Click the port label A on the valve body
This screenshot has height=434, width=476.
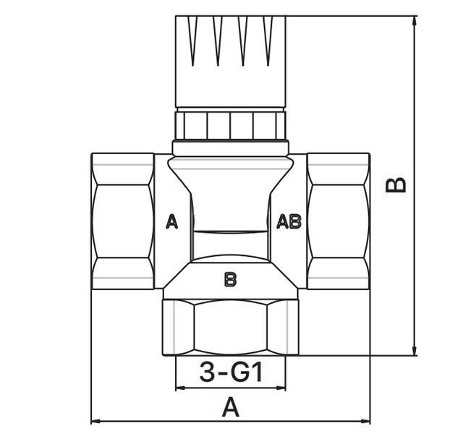[172, 221]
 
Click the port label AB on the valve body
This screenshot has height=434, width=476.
[289, 221]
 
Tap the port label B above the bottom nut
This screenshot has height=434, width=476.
[230, 279]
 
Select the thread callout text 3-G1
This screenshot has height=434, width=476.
[231, 372]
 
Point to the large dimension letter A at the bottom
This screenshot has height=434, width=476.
[231, 407]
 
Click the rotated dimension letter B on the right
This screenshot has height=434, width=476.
[395, 185]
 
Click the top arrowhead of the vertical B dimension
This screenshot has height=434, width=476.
[414, 20]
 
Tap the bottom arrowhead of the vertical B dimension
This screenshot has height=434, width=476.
[414, 351]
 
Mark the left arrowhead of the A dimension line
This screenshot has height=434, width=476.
[96, 421]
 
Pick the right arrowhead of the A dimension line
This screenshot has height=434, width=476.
[365, 421]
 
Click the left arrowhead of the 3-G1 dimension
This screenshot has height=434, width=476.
[181, 387]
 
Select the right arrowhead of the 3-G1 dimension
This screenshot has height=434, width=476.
[281, 387]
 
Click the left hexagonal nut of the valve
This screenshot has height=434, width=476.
[123, 221]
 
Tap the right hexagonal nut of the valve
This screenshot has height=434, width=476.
[339, 221]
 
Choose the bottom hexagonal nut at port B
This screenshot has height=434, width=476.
[231, 327]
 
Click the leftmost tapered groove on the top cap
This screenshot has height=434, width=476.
[192, 41]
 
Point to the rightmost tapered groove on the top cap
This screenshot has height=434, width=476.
[268, 41]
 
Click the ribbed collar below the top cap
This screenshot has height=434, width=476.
[231, 126]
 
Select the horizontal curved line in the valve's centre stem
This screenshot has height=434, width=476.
[231, 232]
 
